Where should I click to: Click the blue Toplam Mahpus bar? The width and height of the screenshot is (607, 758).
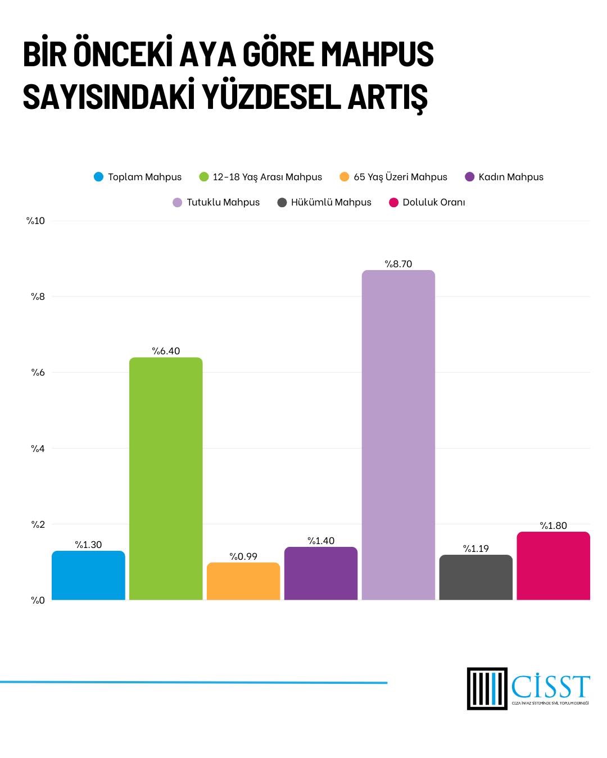tap(88, 576)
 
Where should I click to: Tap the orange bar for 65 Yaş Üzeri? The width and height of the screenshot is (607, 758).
tap(243, 581)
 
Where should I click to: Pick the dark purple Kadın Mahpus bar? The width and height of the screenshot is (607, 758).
tap(321, 573)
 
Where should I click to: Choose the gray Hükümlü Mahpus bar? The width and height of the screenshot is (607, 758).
tap(476, 577)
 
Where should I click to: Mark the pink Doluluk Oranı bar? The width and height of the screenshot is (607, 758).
tap(554, 566)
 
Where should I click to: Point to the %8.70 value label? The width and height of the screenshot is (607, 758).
tap(398, 264)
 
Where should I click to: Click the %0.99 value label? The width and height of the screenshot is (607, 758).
tap(243, 556)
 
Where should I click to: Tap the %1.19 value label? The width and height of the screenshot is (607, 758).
tap(476, 549)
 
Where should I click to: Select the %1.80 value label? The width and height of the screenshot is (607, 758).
tap(554, 526)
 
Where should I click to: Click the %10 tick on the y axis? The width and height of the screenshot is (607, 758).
tap(35, 221)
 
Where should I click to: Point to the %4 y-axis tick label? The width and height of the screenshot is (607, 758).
tap(38, 449)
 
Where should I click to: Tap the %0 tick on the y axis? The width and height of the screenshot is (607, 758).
tap(38, 600)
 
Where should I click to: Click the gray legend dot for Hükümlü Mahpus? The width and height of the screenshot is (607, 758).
tap(282, 202)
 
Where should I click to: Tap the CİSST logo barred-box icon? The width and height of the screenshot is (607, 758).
tap(487, 688)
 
